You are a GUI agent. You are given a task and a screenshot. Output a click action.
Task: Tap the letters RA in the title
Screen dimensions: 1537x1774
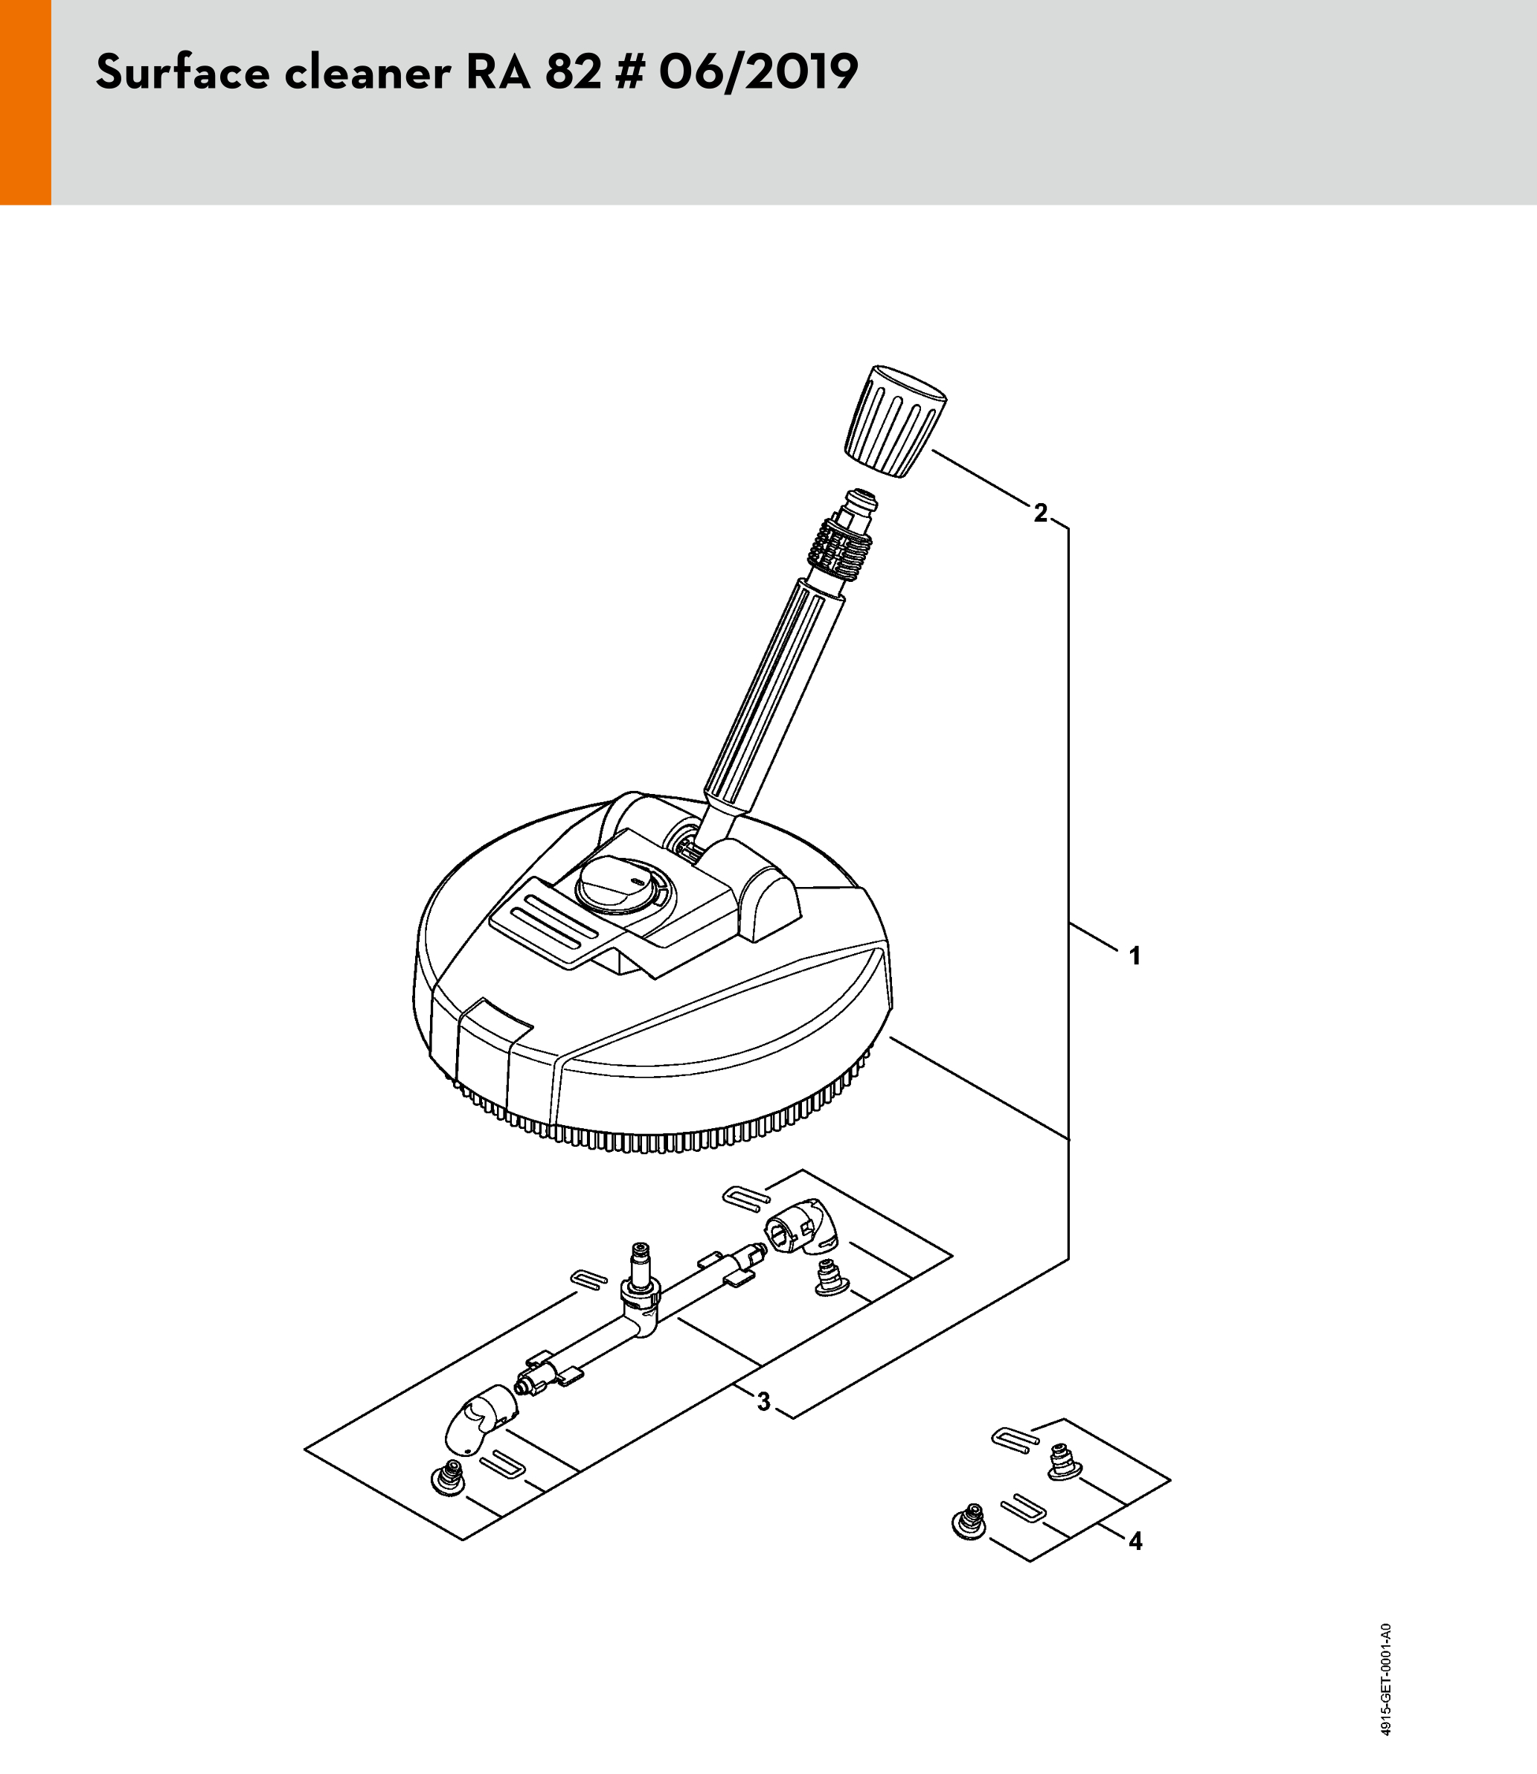(x=498, y=72)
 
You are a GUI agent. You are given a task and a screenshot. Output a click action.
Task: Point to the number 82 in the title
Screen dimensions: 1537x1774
(x=573, y=72)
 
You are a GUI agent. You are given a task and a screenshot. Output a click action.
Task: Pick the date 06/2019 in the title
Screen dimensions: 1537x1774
(x=758, y=72)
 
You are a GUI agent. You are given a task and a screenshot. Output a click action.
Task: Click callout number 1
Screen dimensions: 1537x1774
(x=1135, y=955)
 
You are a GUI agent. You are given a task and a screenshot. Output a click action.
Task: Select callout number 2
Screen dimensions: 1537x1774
(x=1040, y=513)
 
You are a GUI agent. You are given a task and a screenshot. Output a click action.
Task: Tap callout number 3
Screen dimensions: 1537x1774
(x=763, y=1402)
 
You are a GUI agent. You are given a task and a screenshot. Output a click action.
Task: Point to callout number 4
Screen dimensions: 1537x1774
(x=1135, y=1542)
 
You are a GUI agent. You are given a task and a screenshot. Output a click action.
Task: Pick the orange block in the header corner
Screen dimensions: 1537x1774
(x=26, y=102)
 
